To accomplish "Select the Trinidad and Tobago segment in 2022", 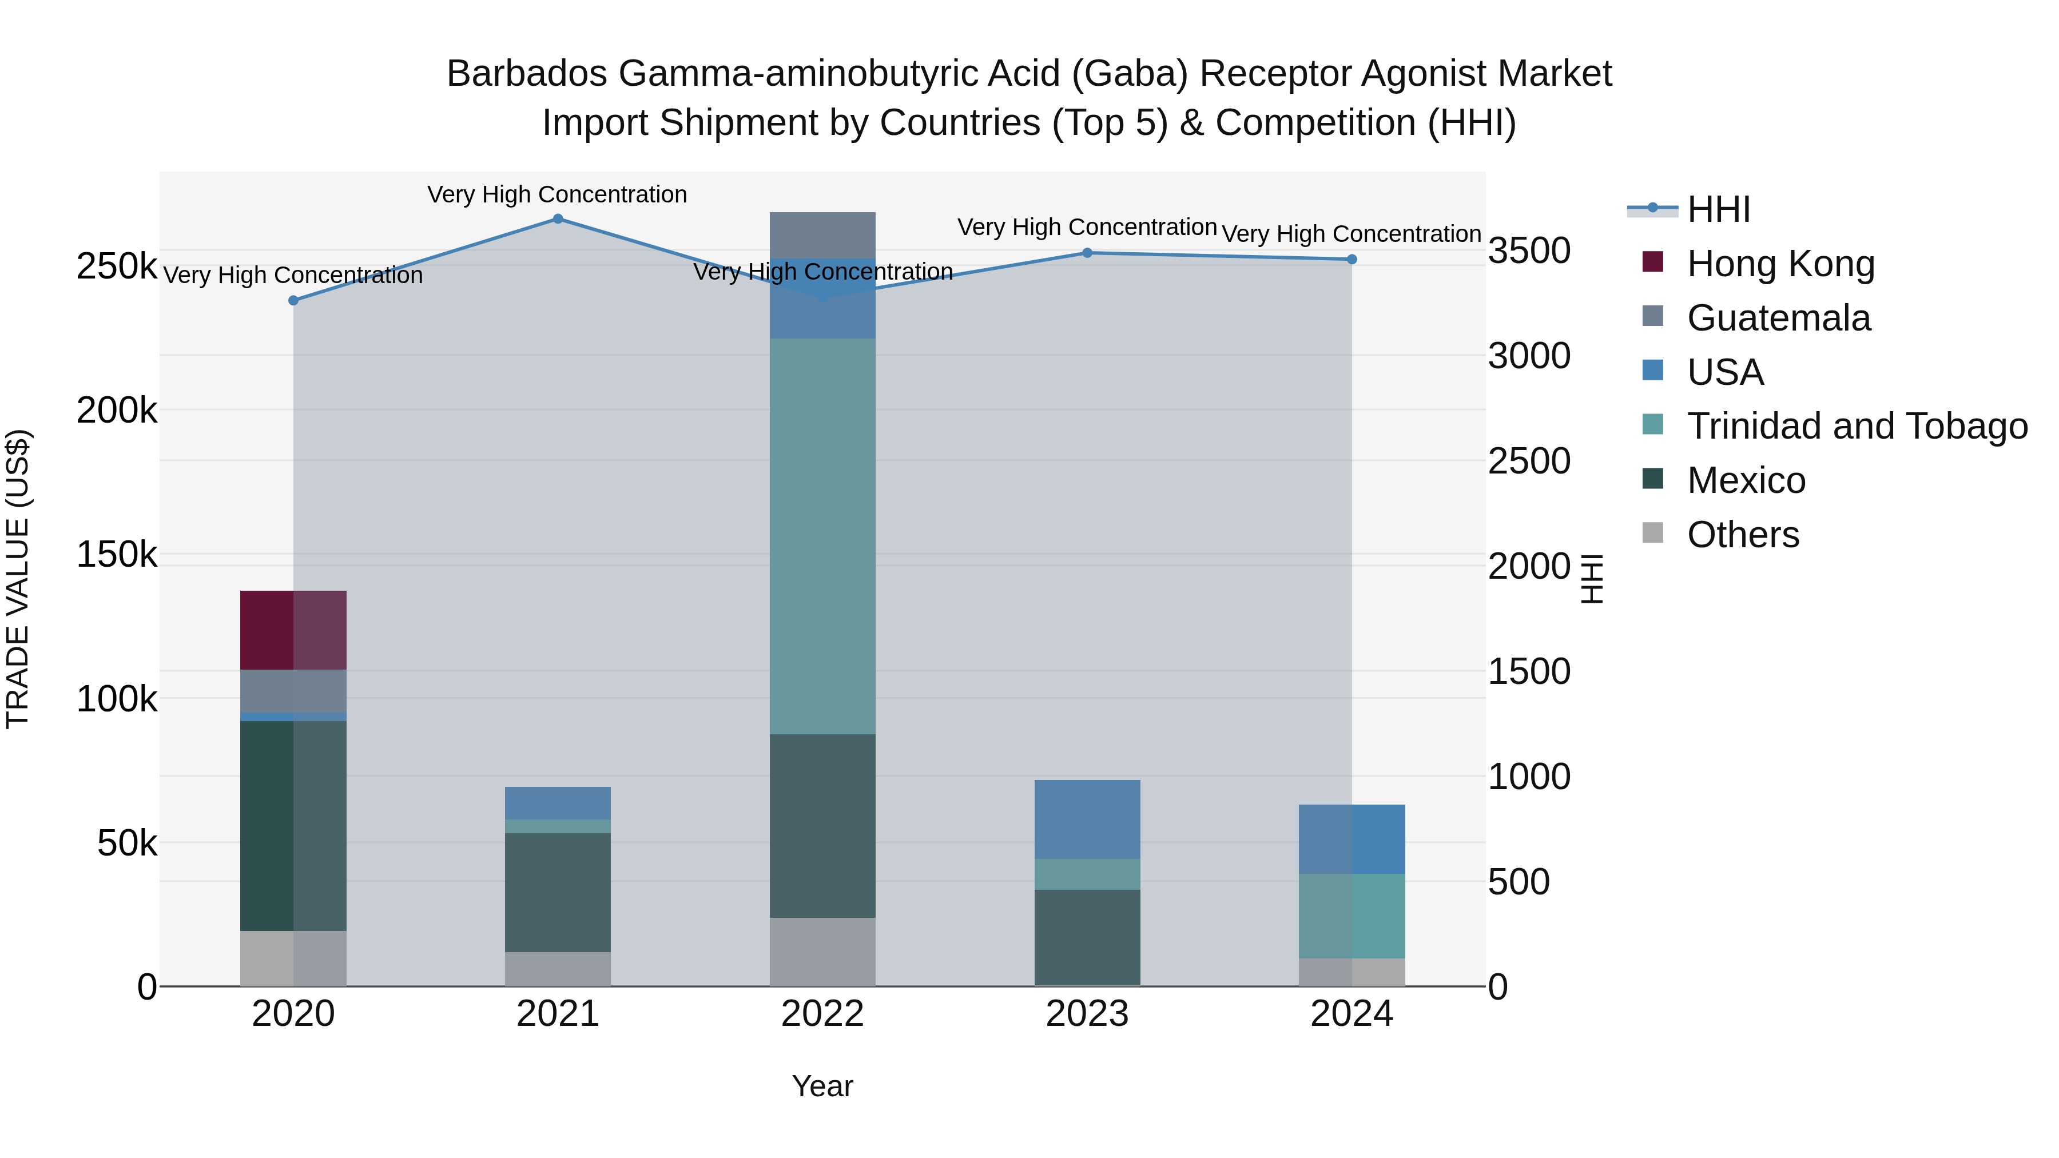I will pyautogui.click(x=822, y=535).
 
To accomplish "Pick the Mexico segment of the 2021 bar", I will pyautogui.click(x=557, y=892).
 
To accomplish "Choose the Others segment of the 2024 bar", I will pyautogui.click(x=1351, y=972).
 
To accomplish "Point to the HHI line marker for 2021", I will pyautogui.click(x=558, y=219).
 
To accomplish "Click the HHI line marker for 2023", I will pyautogui.click(x=1087, y=253).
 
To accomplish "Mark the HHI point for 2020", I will pyautogui.click(x=293, y=300).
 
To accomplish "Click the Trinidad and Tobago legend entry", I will pyautogui.click(x=1856, y=426).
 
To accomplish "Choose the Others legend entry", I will pyautogui.click(x=1743, y=535).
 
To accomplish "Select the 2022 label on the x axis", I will pyautogui.click(x=822, y=1014).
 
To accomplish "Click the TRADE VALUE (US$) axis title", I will pyautogui.click(x=18, y=579).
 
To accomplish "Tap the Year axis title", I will pyautogui.click(x=822, y=1086).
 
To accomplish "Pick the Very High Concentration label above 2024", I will pyautogui.click(x=1351, y=234).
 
